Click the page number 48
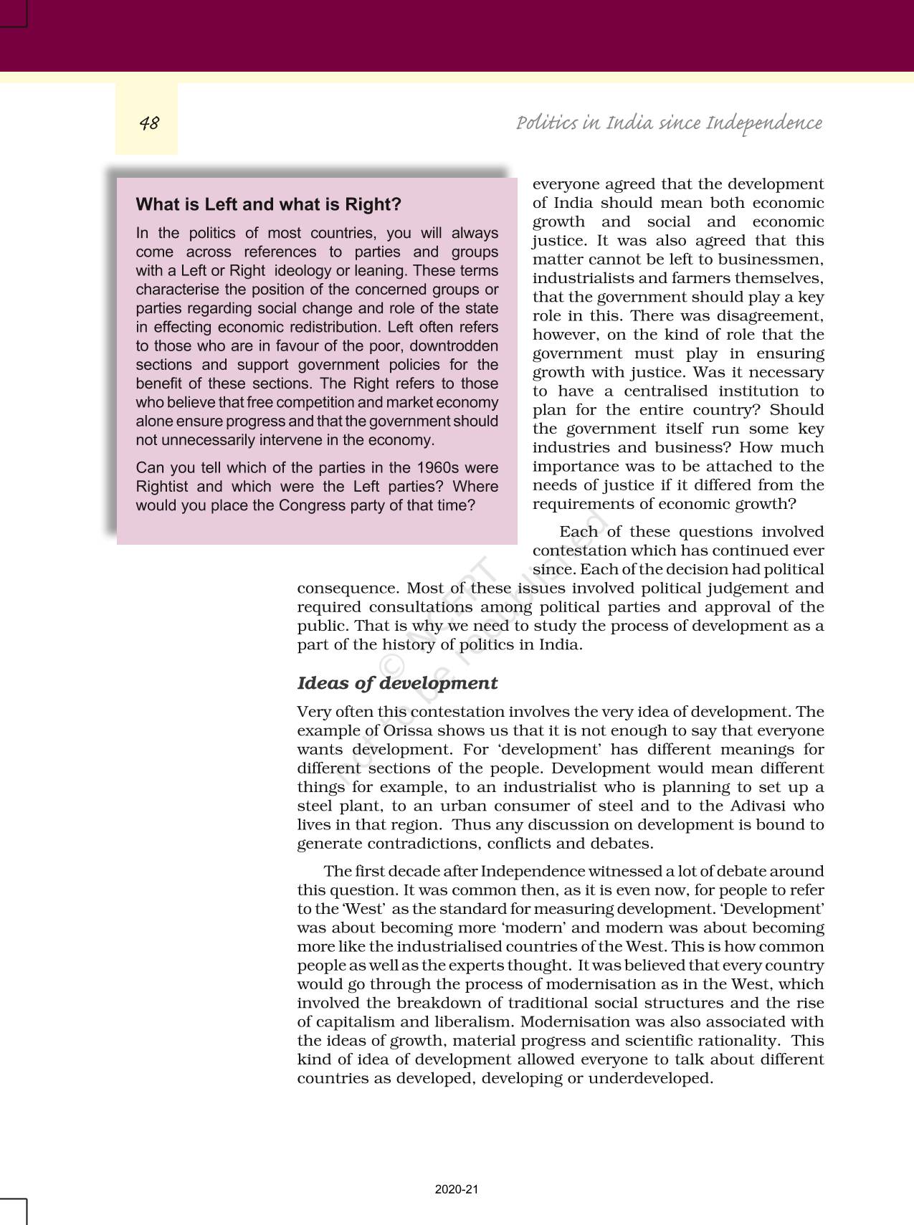coord(149,123)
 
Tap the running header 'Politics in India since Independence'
coord(669,123)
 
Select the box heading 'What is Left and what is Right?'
coord(268,204)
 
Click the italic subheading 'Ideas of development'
coord(397,683)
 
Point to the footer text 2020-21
coord(456,1189)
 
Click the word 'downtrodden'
coord(454,345)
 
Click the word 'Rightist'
coord(163,487)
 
